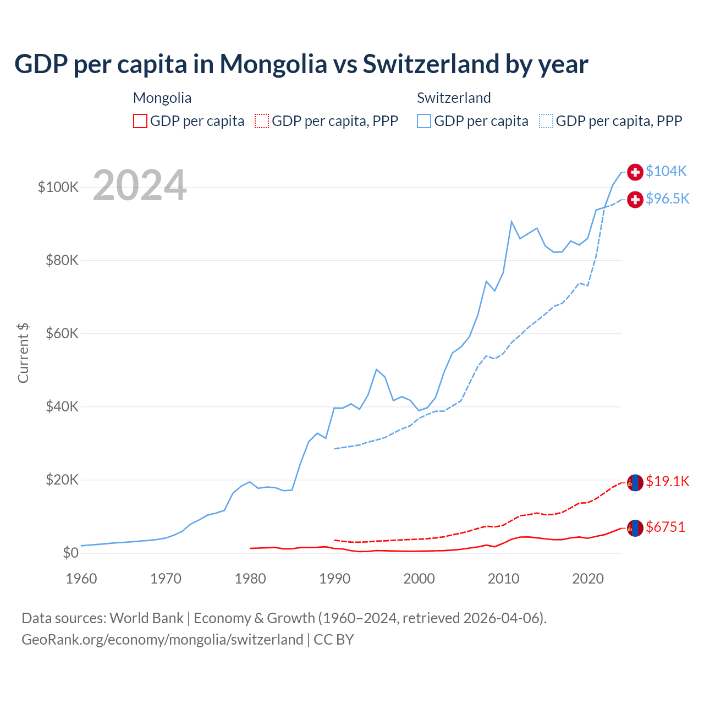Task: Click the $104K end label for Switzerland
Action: point(666,171)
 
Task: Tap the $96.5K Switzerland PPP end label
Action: point(667,199)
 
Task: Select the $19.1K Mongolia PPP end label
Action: point(667,481)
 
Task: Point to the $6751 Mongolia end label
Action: point(665,527)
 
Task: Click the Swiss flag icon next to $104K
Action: point(635,172)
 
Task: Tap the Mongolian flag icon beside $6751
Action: point(635,528)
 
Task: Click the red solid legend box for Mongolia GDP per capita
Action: point(140,121)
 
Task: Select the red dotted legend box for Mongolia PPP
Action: point(262,121)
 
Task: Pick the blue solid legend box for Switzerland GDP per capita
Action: point(424,121)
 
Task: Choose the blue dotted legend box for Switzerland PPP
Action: point(546,121)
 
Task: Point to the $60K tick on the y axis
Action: point(62,334)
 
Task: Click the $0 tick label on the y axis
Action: point(70,553)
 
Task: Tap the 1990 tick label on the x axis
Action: point(335,579)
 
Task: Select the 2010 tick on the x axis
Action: point(504,579)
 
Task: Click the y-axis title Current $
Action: point(23,353)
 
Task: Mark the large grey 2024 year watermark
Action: point(140,185)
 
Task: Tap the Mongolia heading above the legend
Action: point(162,98)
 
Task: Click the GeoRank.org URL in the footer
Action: point(162,640)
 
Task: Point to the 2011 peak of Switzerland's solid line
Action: point(512,222)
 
